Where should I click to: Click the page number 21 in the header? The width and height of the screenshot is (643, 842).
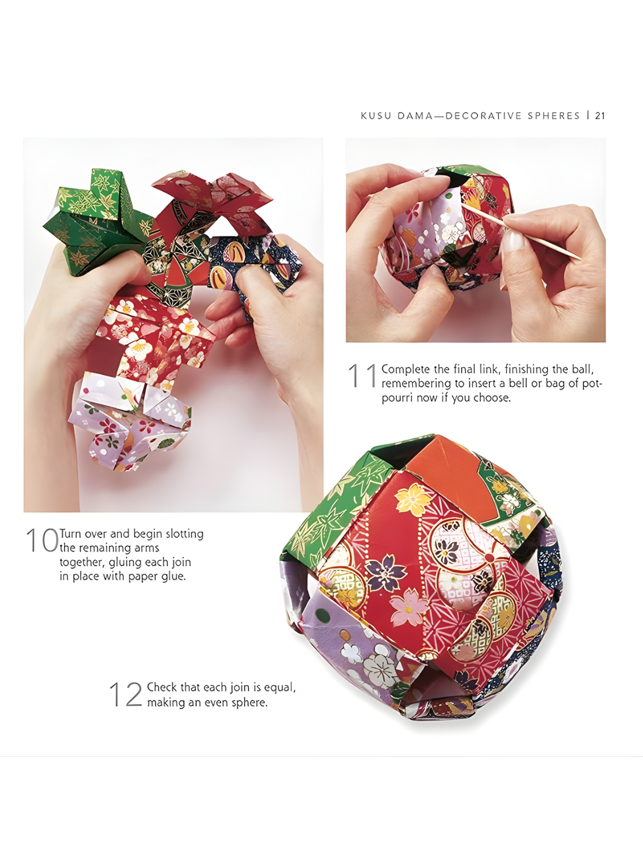[x=600, y=116]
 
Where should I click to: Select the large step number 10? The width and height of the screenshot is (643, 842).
[x=42, y=540]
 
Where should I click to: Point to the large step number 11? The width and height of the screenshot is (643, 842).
[x=362, y=375]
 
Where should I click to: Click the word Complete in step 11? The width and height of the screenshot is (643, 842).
[x=405, y=370]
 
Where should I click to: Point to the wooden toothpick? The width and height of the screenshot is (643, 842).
[x=522, y=231]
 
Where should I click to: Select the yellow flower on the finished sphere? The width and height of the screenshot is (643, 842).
[x=413, y=499]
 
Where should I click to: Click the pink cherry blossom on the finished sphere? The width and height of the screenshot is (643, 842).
[x=409, y=606]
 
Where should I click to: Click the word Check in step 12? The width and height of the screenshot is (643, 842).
[x=162, y=687]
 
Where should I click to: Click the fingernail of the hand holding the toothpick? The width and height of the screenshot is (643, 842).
[x=513, y=242]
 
